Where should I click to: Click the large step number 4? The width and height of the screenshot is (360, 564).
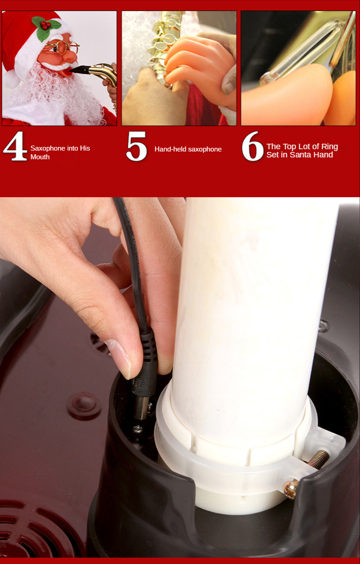15,146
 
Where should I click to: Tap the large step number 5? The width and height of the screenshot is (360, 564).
137,146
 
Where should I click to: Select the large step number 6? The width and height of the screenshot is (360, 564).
252,146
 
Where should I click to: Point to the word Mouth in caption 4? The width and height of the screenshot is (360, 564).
40,157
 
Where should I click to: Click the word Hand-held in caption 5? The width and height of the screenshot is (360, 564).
171,149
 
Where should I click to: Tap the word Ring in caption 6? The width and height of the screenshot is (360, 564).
329,147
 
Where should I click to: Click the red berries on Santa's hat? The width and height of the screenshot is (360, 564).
45,25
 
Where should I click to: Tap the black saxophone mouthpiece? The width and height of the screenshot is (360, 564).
79,69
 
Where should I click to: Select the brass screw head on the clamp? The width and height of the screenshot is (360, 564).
291,489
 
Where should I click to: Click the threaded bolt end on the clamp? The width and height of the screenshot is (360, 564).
319,460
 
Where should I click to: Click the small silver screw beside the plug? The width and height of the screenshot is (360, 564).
138,428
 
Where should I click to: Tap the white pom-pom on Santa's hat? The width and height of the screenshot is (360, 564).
10,78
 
